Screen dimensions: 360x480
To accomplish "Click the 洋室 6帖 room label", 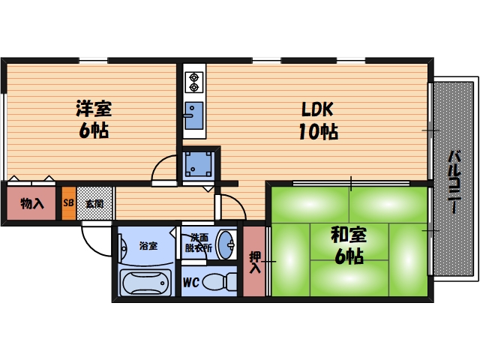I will point(93,118).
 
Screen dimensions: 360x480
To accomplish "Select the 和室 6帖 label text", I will point(346,244).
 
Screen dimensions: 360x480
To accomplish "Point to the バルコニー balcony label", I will point(454,183).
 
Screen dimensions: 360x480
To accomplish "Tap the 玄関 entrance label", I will point(94,202).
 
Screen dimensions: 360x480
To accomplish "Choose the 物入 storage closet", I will point(31,203).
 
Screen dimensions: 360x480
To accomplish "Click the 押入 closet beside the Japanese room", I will point(254,262).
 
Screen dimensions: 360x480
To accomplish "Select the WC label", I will point(190,283).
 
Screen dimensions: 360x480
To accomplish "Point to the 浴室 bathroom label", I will point(148,245).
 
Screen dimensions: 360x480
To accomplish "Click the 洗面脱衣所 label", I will point(199,242).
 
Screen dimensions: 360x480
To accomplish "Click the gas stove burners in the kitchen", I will point(193,79).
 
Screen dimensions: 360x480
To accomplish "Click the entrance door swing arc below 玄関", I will point(96,238).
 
